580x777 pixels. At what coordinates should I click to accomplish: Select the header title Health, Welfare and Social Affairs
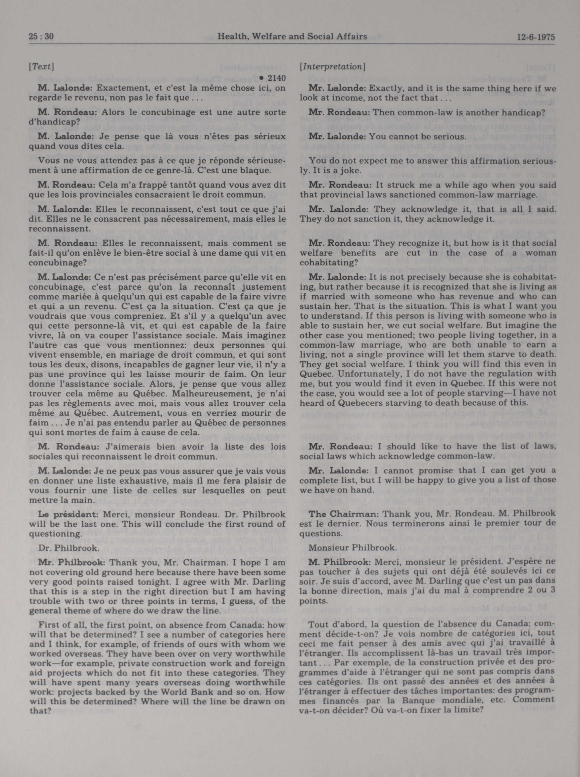[292, 37]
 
